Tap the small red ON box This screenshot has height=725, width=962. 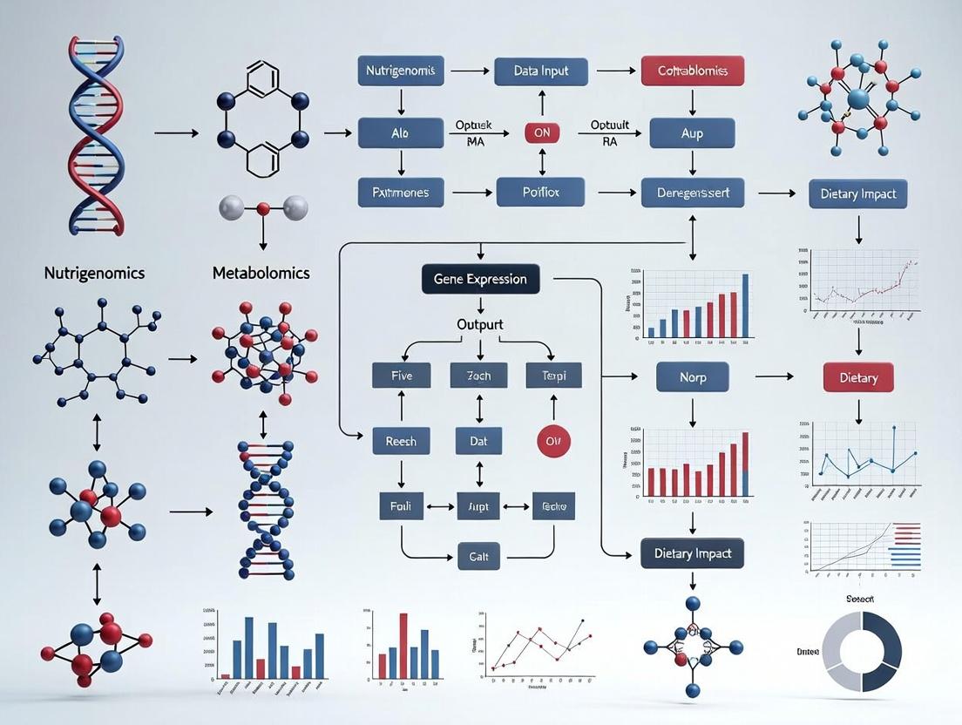[x=541, y=133]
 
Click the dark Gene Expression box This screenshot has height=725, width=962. [x=480, y=280]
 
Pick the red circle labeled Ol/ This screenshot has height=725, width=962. [x=552, y=441]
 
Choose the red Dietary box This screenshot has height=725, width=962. [x=857, y=378]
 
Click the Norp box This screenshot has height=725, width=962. [x=692, y=378]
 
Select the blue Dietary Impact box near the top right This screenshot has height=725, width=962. [x=857, y=193]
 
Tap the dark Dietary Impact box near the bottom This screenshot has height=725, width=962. [x=693, y=553]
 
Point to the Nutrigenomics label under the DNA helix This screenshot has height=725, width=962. [x=94, y=273]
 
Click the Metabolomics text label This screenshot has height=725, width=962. [x=261, y=273]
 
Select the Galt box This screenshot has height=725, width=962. [x=478, y=556]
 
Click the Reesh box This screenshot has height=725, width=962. [x=401, y=441]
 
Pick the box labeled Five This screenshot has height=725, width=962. [x=401, y=376]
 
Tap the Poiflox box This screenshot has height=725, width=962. [x=540, y=192]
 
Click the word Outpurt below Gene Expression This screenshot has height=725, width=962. [x=480, y=324]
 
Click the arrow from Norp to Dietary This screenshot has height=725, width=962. [x=774, y=376]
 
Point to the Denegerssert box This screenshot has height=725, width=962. [x=692, y=193]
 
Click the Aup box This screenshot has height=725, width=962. [x=692, y=133]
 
